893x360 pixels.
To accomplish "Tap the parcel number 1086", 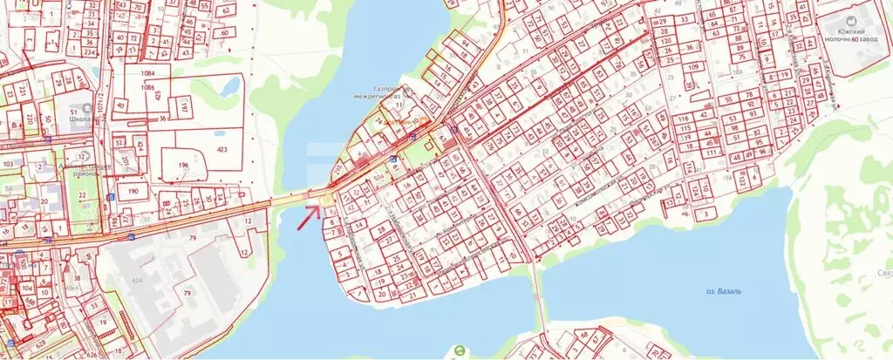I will coord(147,88).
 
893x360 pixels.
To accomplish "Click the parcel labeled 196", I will coord(184,165).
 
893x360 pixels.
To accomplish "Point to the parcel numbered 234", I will coord(87,52).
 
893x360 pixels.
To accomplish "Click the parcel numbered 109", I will coord(694,68).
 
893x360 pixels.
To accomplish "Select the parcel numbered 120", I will coord(666,41).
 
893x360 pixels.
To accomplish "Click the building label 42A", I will coord(136,281).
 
